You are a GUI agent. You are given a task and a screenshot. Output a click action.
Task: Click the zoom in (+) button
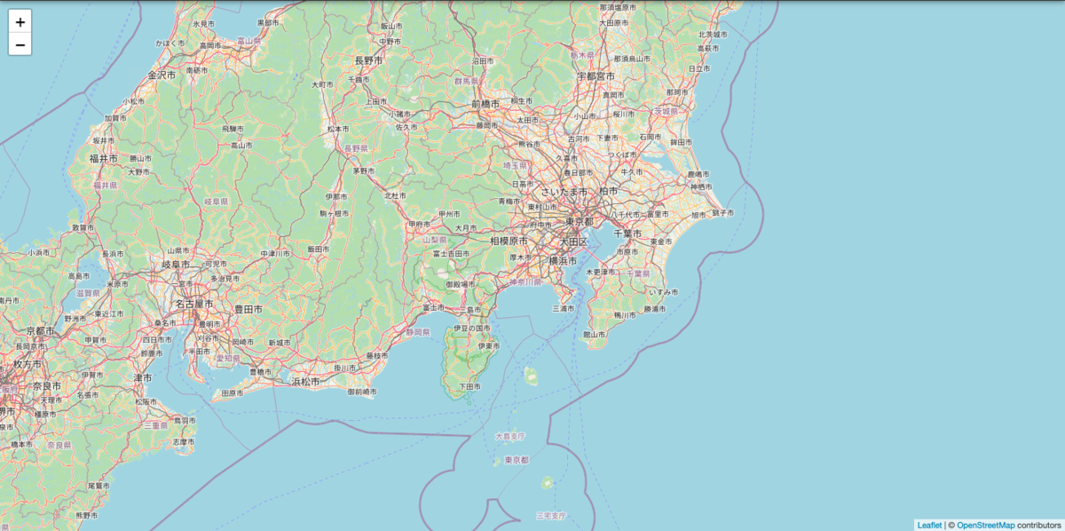click(20, 21)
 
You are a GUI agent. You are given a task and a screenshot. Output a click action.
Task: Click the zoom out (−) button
click(20, 44)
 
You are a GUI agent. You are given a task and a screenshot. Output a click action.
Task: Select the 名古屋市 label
click(193, 304)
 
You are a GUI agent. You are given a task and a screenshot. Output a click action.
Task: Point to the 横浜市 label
click(563, 260)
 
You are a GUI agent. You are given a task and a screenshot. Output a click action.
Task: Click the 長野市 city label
click(368, 60)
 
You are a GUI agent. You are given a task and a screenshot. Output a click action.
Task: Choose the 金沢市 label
click(162, 75)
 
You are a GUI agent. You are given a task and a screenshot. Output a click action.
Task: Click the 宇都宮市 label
click(596, 77)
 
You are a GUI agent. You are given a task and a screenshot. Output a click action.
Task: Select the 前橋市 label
click(485, 104)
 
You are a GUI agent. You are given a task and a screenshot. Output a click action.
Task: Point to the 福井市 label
click(103, 158)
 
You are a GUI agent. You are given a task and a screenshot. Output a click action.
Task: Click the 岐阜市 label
click(176, 264)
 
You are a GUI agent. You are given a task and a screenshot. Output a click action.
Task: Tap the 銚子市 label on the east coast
click(722, 213)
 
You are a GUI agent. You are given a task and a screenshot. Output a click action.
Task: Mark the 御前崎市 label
click(362, 392)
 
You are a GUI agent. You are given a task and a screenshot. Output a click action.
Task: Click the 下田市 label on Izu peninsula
click(469, 386)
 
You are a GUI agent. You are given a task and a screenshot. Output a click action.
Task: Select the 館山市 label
click(594, 335)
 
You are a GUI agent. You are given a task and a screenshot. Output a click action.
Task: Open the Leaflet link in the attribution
click(929, 525)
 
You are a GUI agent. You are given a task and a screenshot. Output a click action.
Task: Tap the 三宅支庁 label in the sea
click(551, 515)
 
